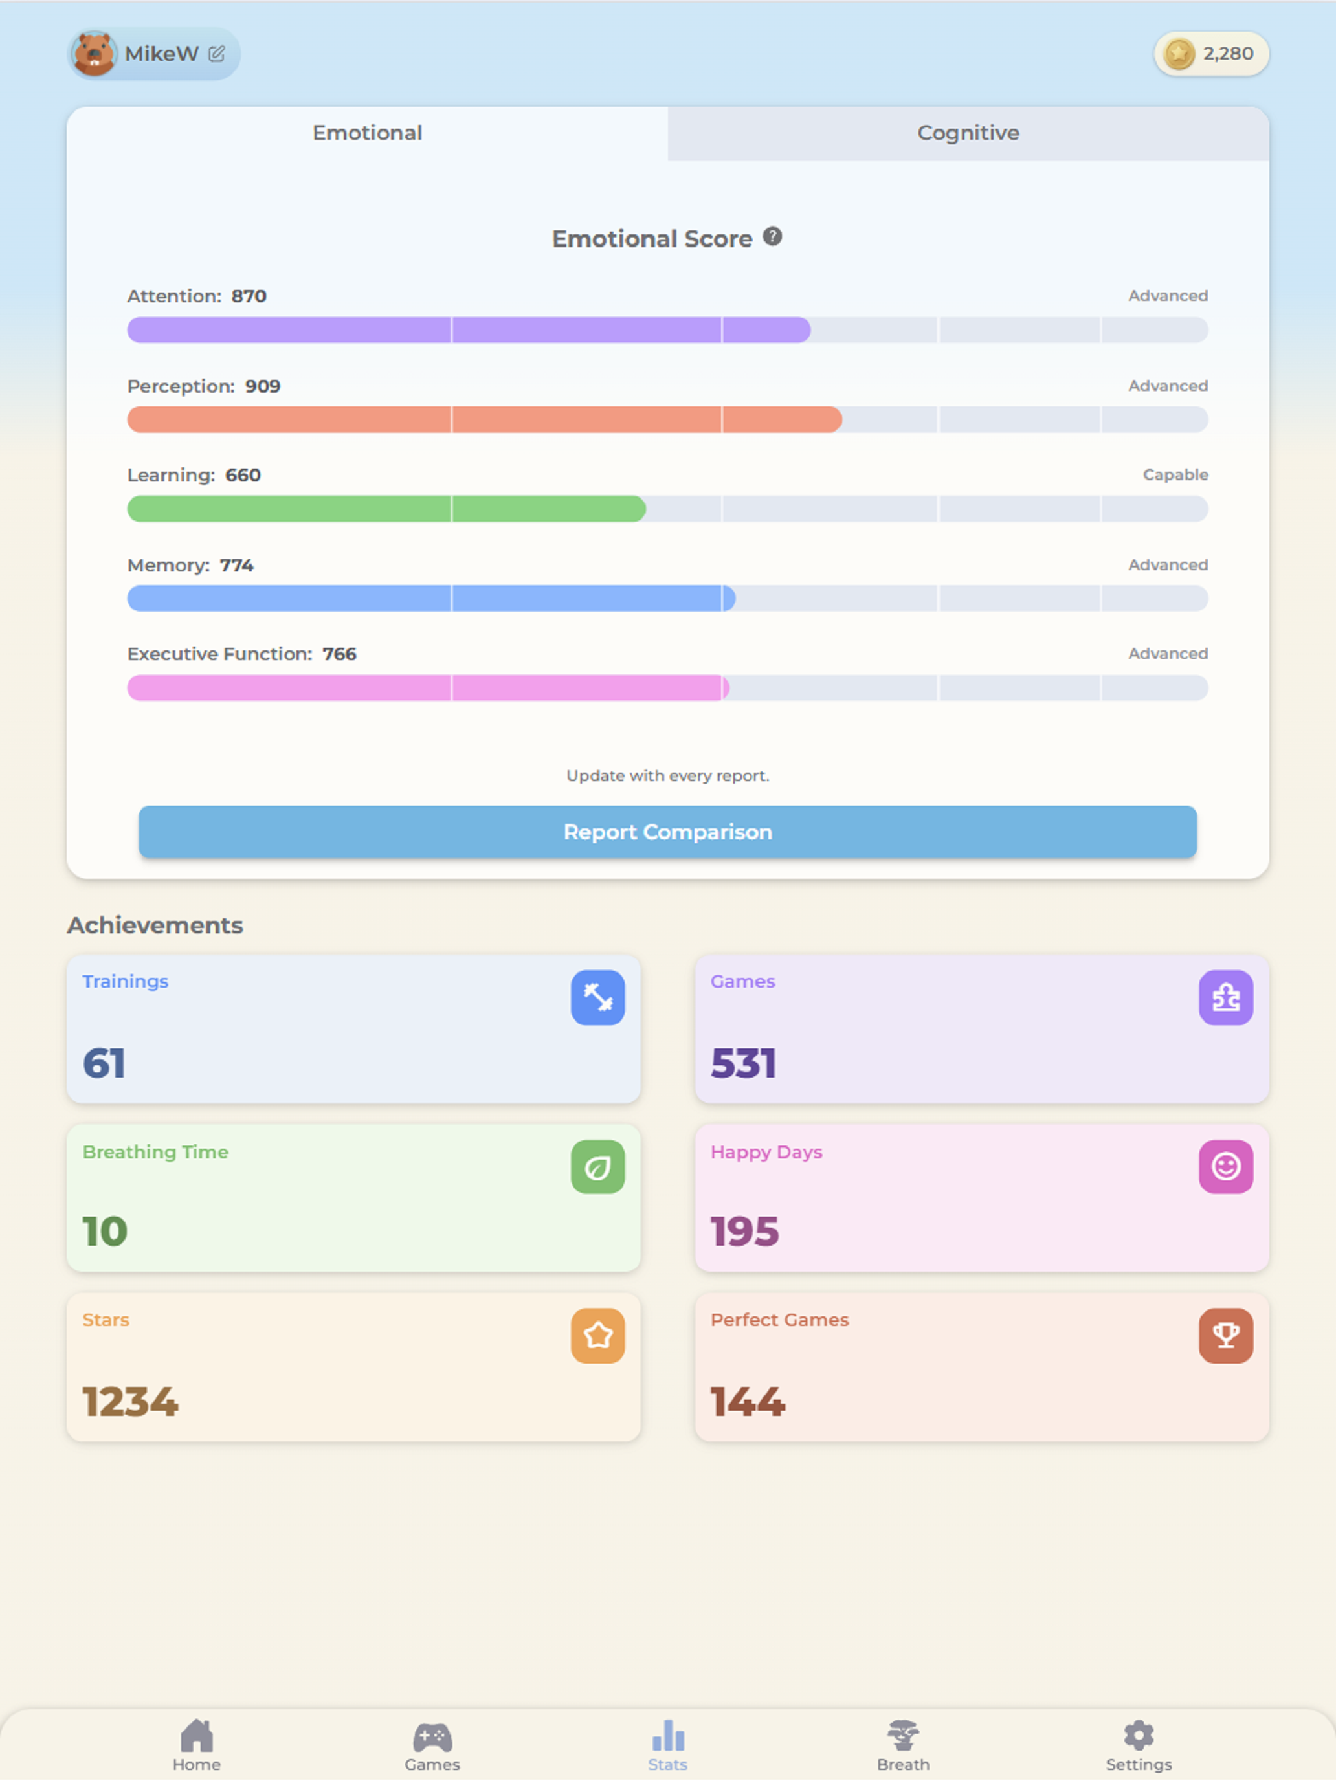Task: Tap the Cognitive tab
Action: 968,133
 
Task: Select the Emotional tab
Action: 367,133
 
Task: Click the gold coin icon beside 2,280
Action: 1179,54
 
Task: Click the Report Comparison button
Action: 667,832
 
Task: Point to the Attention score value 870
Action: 249,296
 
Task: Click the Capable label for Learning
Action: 1175,475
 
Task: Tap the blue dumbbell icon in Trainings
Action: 597,997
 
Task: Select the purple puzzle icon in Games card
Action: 1226,997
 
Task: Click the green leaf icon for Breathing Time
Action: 597,1167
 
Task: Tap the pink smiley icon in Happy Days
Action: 1226,1167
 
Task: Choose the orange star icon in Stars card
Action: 597,1336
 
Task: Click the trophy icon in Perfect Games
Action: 1226,1336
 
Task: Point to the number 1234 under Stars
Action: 131,1402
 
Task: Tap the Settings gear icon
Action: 1139,1736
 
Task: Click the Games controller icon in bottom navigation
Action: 432,1738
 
